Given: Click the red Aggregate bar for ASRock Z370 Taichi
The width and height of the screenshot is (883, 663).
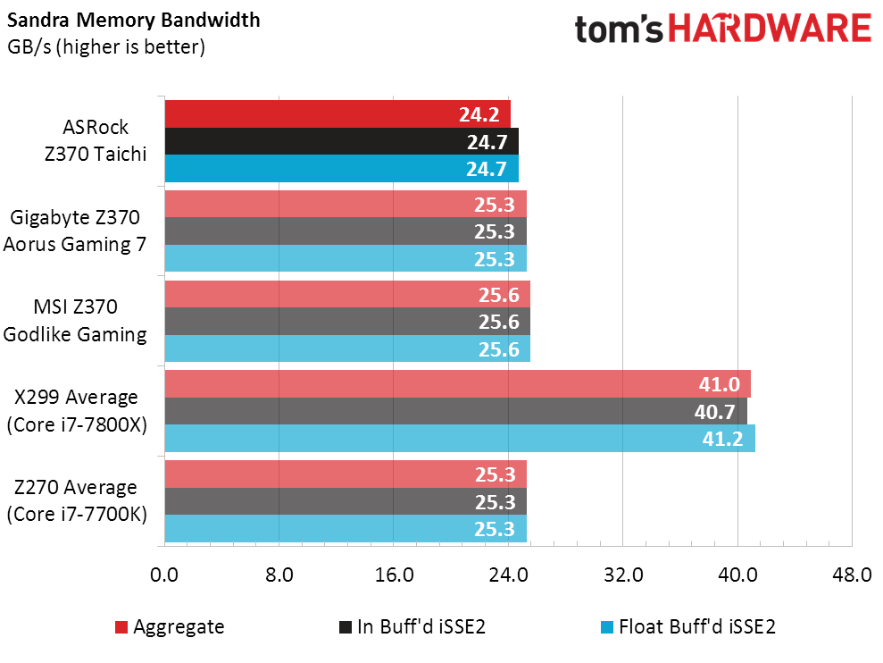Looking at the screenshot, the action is click(337, 113).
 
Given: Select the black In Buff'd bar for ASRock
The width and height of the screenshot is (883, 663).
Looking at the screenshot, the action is click(341, 141).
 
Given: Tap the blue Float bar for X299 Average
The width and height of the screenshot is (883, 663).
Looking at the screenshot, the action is click(460, 439).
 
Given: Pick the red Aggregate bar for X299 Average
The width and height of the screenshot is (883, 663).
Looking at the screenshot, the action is click(457, 384).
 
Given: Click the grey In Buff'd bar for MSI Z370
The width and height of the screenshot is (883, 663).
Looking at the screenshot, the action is click(347, 322).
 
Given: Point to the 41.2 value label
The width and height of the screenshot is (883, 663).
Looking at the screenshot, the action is click(722, 439).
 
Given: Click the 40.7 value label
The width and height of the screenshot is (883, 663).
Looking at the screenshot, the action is click(714, 412).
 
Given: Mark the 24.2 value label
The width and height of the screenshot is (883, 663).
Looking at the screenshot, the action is click(479, 114).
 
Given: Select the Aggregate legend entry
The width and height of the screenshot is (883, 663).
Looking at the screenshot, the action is click(170, 627).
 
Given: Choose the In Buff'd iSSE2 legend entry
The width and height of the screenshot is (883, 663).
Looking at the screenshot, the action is click(412, 627).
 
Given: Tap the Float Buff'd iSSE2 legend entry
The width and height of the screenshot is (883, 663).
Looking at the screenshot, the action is click(688, 627).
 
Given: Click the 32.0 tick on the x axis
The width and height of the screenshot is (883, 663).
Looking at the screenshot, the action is click(623, 575).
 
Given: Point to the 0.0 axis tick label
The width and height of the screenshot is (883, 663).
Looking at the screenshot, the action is click(164, 575).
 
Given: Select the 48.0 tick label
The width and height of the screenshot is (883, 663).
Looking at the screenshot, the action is click(852, 575).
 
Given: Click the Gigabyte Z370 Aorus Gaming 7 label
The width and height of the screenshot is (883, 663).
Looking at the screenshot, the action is click(75, 231).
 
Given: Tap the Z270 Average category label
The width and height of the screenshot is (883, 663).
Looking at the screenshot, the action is click(77, 500).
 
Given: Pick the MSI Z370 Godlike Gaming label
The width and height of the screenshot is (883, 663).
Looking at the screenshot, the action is click(75, 321).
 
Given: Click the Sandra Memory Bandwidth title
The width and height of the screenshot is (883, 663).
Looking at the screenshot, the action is click(133, 21).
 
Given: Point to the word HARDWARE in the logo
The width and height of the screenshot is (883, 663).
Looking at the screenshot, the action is click(770, 29).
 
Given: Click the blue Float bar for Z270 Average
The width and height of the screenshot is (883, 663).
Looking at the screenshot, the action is click(346, 529).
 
